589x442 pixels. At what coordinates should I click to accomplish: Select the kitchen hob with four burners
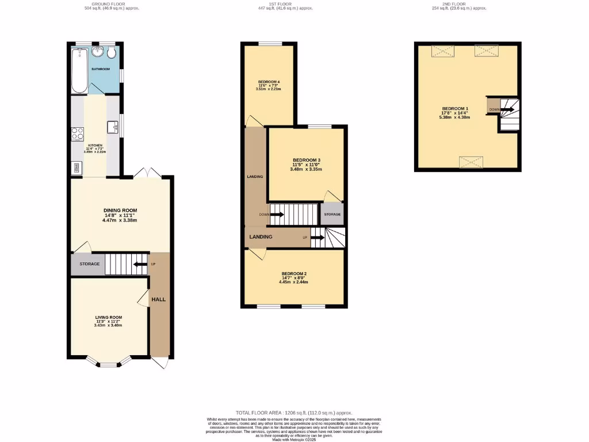click(77, 135)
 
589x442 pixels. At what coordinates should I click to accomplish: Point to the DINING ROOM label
click(120, 211)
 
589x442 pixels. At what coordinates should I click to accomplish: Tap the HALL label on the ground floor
click(159, 300)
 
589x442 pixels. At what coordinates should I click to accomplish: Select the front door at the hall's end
click(161, 363)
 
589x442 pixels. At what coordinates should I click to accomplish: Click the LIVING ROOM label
click(109, 317)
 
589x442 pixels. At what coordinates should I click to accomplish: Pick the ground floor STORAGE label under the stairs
click(89, 264)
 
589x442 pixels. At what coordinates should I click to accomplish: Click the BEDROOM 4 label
click(269, 82)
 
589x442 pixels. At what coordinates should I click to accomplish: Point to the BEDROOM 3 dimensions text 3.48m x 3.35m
click(306, 169)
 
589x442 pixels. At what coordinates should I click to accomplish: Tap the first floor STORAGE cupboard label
click(332, 214)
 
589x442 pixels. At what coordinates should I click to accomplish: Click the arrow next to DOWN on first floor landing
click(277, 215)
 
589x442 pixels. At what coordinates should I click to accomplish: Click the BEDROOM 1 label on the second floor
click(455, 109)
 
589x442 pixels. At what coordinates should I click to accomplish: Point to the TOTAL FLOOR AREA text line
click(294, 413)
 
